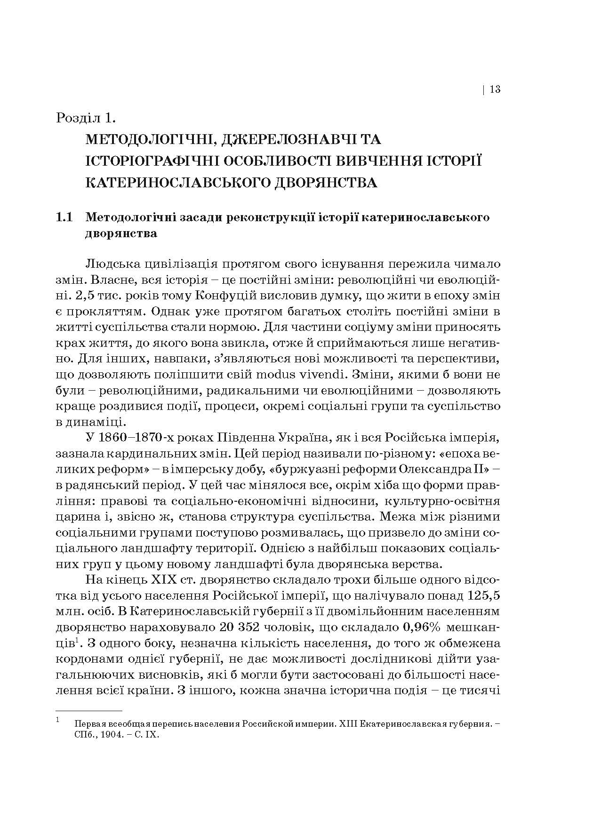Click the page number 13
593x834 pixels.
(495, 89)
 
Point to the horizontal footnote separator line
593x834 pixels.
(89, 711)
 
